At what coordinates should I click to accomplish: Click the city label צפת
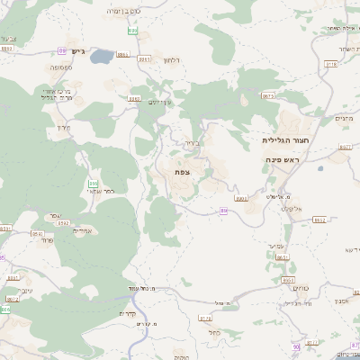pos(183,170)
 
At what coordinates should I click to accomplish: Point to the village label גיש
pos(77,51)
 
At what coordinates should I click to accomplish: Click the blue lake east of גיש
pos(102,57)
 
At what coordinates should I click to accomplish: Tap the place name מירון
pos(62,128)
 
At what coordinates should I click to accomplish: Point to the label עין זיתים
pos(158,102)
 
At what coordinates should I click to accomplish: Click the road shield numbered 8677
pos(345,147)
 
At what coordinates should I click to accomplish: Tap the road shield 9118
pos(330,65)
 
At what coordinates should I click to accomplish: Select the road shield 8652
pos(282,258)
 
